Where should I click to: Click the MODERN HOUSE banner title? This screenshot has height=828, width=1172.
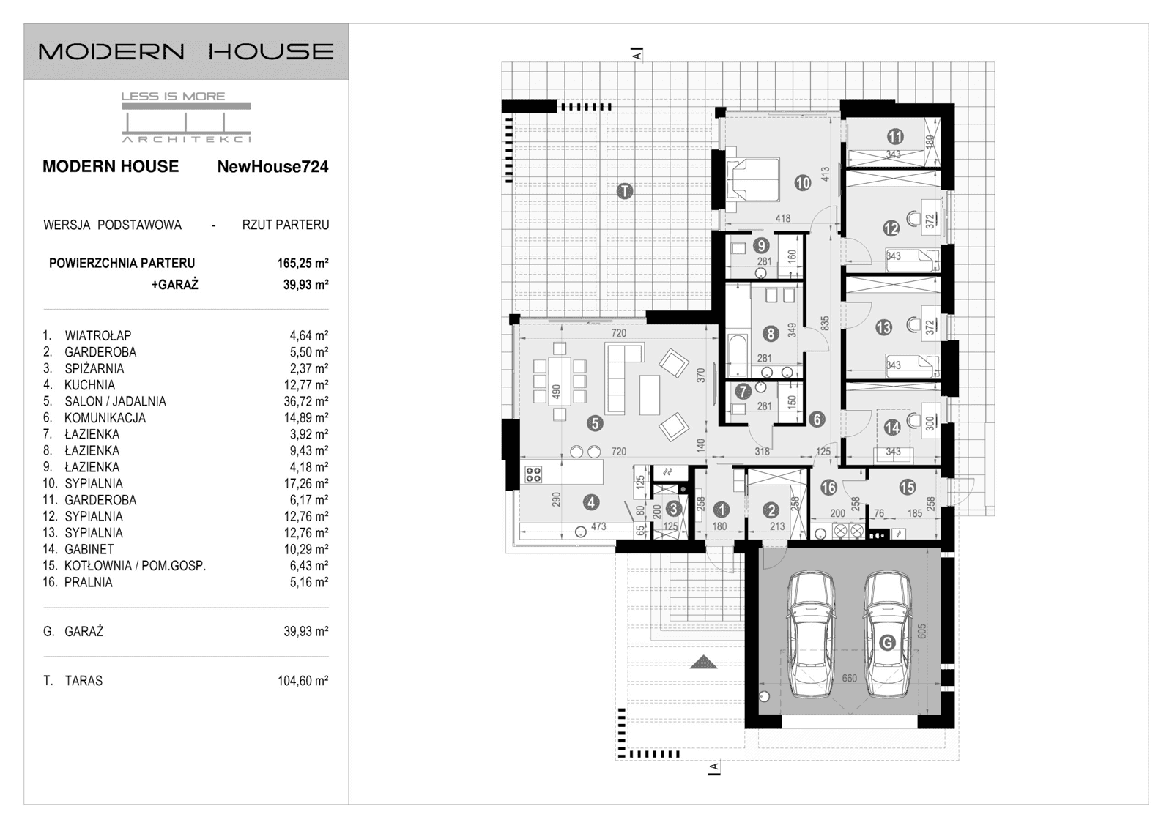[x=186, y=51]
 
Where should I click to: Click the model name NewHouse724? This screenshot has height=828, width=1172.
[x=272, y=167]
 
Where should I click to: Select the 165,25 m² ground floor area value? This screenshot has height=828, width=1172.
[x=303, y=264]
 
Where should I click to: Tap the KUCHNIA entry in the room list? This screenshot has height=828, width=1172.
[x=89, y=385]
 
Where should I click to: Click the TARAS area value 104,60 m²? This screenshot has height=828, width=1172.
[x=303, y=681]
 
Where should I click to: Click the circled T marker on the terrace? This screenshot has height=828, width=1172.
[x=624, y=191]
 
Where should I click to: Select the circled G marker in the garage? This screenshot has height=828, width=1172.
[x=887, y=643]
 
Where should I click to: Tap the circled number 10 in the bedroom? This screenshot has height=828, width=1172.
[x=803, y=183]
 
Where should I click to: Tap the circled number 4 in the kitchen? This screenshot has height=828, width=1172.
[x=590, y=502]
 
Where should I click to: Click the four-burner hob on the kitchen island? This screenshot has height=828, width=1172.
[x=533, y=474]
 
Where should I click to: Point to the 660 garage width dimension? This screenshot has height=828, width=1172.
[x=849, y=679]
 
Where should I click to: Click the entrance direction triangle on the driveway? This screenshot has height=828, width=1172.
[x=704, y=662]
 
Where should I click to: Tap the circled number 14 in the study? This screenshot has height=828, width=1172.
[x=891, y=428]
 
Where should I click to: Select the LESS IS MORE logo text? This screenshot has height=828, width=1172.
[x=173, y=96]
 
